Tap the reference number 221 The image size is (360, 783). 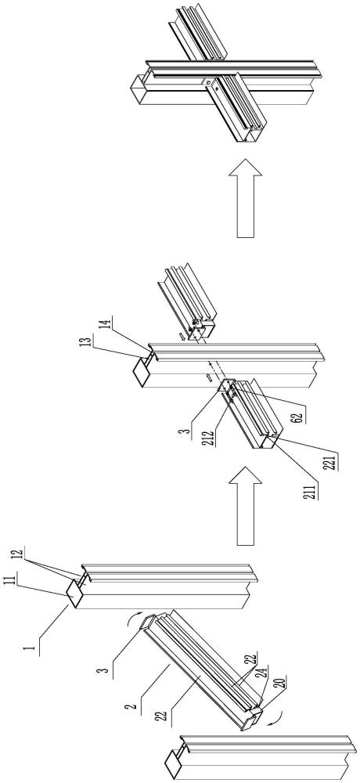(331, 460)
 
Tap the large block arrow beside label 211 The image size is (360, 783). (245, 505)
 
